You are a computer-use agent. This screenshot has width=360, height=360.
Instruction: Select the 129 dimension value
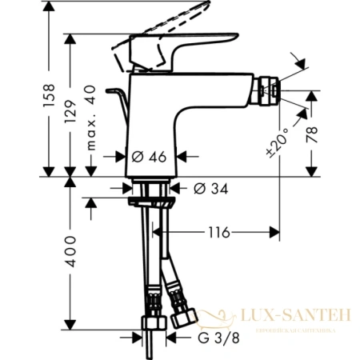pyautogui.click(x=72, y=102)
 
